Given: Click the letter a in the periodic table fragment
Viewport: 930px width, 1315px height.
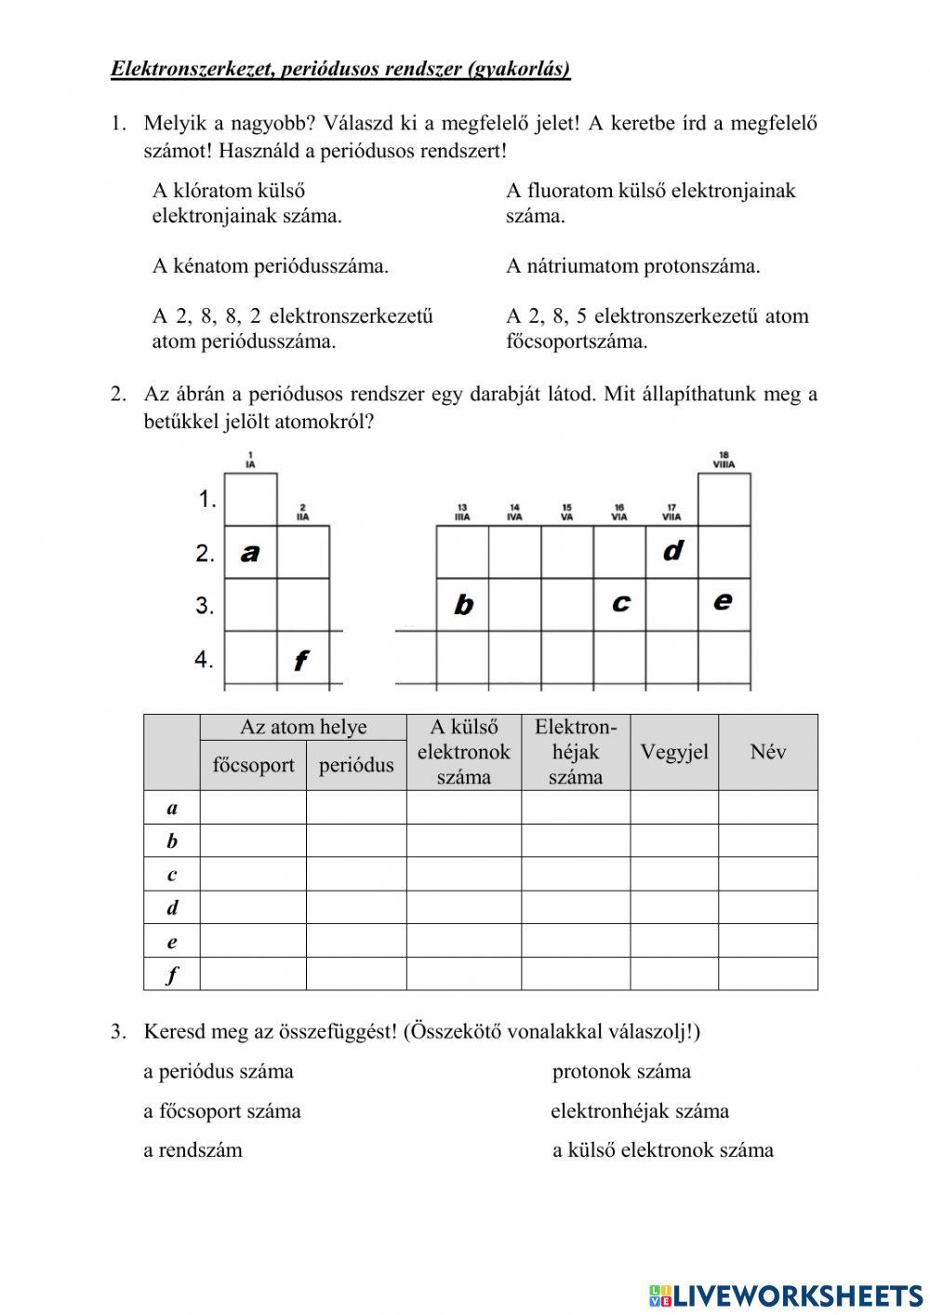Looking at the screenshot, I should coord(249,553).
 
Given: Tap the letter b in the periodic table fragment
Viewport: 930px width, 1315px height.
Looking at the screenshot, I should coord(463,606).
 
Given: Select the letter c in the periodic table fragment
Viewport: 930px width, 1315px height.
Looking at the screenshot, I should coord(620,603).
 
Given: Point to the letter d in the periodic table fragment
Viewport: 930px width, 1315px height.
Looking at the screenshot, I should coord(672,551).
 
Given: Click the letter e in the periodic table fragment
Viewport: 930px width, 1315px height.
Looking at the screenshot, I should coord(723,601).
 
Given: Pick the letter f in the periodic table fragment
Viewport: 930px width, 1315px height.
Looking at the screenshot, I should coord(300,661).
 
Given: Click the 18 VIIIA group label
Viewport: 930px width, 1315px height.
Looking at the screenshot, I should coord(724,460).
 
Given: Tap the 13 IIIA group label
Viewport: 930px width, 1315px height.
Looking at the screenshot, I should coord(462,512).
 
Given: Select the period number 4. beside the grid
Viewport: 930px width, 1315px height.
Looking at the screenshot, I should coord(205,660).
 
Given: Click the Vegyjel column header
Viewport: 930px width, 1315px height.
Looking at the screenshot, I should coord(674,752).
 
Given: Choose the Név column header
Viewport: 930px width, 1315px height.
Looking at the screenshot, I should coord(767,752).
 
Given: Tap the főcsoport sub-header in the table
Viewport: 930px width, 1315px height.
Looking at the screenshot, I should coord(253,765).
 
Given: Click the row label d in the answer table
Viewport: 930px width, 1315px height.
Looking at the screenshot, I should coord(172,907).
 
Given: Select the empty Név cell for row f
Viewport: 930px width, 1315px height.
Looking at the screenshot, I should coord(767,974).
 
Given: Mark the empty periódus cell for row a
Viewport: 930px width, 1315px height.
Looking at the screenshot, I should coord(356,807).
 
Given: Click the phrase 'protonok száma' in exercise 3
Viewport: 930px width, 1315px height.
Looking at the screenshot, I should coord(621,1071).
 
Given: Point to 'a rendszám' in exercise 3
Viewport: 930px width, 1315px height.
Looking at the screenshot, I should coord(193,1149).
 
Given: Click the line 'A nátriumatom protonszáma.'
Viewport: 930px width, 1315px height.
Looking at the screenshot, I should coord(632,266).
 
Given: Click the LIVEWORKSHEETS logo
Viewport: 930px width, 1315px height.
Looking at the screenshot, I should coord(786,1295).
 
